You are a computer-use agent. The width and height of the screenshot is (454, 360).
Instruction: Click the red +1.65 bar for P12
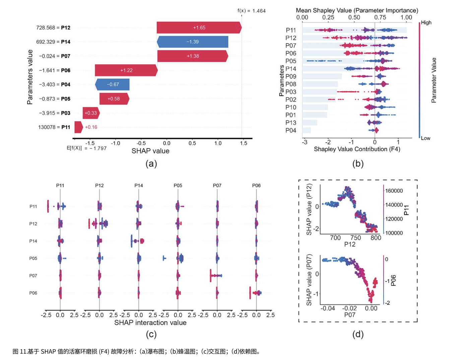(199, 27)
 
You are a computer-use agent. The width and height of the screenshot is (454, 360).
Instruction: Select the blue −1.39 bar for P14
(193, 42)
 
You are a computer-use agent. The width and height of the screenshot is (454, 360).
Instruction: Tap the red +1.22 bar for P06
(126, 70)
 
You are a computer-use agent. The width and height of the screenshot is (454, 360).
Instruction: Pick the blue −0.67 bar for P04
(113, 84)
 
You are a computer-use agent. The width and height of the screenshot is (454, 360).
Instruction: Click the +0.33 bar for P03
(91, 113)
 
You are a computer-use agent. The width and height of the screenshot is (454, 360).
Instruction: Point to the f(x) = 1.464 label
(251, 11)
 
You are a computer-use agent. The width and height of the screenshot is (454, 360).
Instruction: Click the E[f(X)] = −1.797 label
(86, 148)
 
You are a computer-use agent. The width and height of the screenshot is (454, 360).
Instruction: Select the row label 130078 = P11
(54, 127)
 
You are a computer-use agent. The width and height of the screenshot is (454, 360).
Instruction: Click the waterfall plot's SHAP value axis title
(150, 151)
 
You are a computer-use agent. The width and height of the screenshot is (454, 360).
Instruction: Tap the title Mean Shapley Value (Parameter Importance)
(357, 10)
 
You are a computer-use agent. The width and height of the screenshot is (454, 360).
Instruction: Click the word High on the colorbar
(426, 22)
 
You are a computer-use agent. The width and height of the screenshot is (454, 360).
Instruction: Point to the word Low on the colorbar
(426, 138)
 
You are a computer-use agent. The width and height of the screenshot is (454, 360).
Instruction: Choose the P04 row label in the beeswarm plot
(291, 130)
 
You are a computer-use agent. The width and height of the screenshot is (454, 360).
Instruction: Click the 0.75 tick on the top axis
(380, 17)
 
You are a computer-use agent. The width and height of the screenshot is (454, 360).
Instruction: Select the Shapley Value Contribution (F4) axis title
(357, 149)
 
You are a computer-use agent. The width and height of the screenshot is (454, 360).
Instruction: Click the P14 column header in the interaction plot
(139, 185)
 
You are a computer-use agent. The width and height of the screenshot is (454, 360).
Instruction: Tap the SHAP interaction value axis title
(150, 323)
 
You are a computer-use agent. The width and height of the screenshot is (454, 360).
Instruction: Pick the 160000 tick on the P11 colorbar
(394, 191)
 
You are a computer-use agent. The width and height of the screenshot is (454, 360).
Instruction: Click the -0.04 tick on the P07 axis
(328, 308)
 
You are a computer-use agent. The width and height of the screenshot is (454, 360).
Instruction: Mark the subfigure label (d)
(358, 334)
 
